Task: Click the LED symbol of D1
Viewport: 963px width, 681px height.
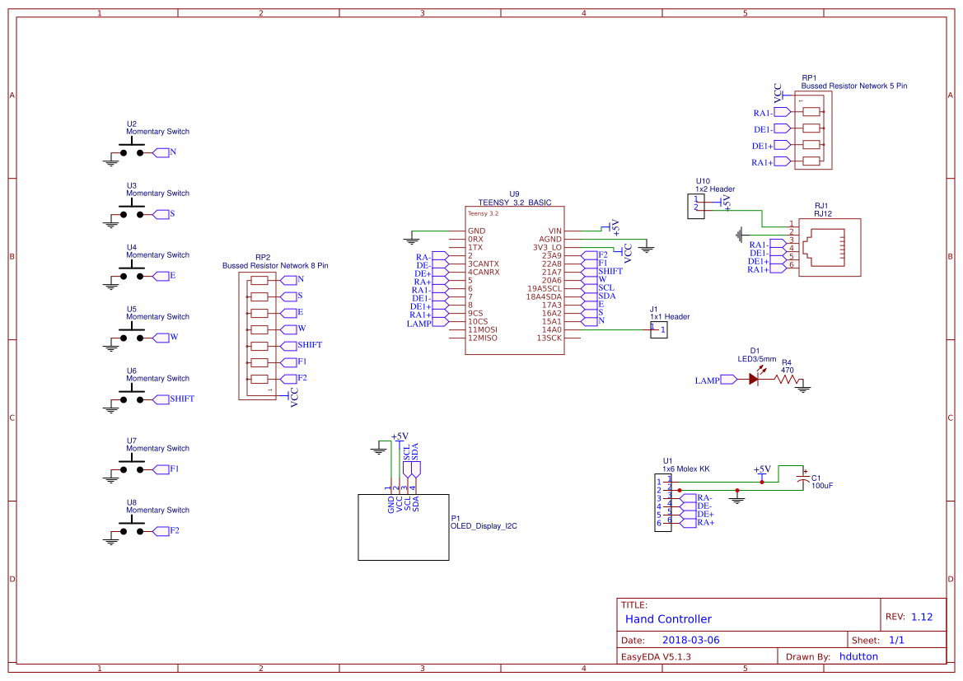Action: click(754, 380)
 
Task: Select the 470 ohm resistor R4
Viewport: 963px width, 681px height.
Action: click(787, 380)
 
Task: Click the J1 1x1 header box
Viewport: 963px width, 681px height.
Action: click(658, 330)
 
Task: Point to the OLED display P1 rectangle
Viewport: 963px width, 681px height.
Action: click(404, 527)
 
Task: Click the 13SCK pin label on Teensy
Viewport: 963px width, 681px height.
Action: click(549, 338)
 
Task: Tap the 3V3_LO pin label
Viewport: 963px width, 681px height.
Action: click(545, 247)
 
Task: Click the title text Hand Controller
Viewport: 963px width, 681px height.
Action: click(668, 619)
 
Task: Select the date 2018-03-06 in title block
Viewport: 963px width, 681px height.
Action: click(690, 640)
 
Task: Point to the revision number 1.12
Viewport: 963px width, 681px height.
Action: click(922, 617)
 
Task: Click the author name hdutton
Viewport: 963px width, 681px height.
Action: click(858, 656)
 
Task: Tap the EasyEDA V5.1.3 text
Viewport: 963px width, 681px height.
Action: click(656, 656)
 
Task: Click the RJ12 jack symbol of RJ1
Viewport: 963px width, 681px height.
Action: click(829, 247)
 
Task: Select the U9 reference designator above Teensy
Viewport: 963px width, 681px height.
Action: click(514, 194)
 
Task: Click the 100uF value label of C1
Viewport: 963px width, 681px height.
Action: click(822, 486)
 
